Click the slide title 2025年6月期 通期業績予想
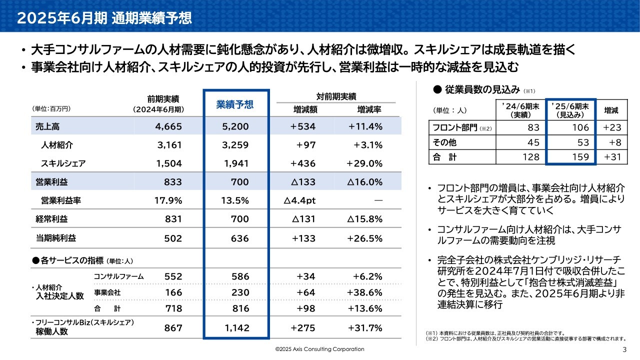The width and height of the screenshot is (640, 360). point(104,18)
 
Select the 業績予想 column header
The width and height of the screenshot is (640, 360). point(234,104)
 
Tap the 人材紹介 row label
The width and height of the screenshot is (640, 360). point(57,145)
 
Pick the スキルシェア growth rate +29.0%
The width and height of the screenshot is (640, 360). point(364,163)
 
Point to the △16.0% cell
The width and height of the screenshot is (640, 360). point(365,182)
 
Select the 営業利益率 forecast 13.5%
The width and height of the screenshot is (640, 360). point(235,200)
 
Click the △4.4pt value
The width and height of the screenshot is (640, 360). point(299,200)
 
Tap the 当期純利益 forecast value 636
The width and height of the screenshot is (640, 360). point(240,238)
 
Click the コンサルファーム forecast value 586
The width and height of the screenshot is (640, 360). point(240,276)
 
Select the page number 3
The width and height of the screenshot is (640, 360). point(624,349)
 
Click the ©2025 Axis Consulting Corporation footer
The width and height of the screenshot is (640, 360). point(320,349)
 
